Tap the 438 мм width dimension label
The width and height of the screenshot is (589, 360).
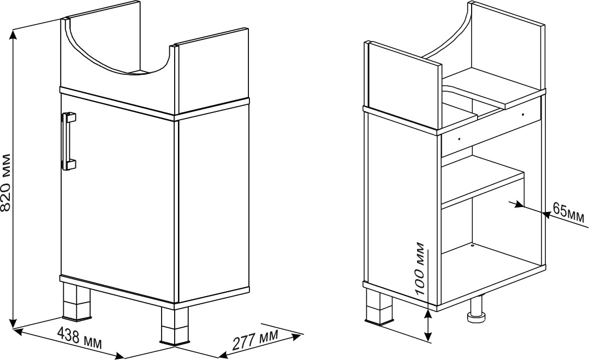[79, 337]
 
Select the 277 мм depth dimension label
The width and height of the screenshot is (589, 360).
[255, 339]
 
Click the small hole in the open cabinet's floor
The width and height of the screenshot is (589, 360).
[472, 246]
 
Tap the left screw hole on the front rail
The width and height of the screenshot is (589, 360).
[459, 139]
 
